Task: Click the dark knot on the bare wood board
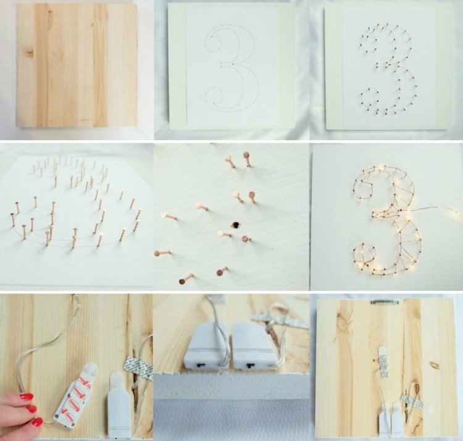[x=30, y=52]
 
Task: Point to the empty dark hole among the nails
[x=235, y=225]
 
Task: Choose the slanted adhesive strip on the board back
[x=415, y=402]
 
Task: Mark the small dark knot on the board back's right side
[x=434, y=365]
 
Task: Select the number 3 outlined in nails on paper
[x=388, y=70]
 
